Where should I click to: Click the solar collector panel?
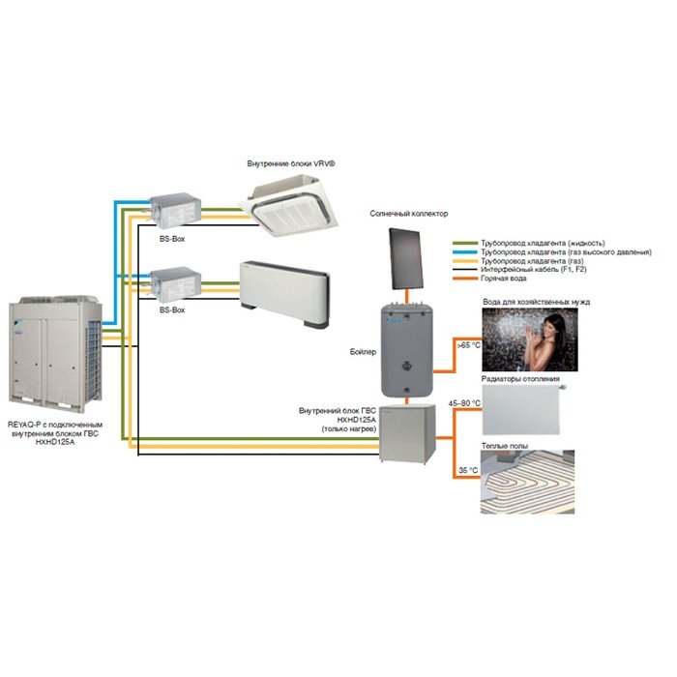[x=405, y=257]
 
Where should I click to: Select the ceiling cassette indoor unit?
[x=292, y=201]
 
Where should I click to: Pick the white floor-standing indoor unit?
[x=286, y=283]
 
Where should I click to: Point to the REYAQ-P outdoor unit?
[x=54, y=353]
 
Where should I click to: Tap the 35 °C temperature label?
[x=466, y=470]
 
